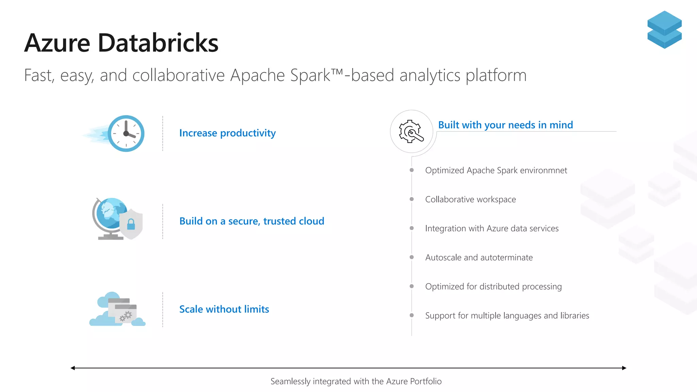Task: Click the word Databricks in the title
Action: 158,43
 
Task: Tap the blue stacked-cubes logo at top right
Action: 664,30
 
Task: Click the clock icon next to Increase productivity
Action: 126,133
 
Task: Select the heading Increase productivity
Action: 227,133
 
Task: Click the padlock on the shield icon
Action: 131,225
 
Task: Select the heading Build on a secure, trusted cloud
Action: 252,221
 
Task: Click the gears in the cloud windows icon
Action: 125,316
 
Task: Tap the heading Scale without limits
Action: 224,309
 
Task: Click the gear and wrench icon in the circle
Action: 411,131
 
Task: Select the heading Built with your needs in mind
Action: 505,125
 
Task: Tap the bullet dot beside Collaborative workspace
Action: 411,199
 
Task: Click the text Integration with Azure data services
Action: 492,228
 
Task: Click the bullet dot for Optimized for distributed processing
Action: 411,286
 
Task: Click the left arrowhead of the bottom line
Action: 72,368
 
